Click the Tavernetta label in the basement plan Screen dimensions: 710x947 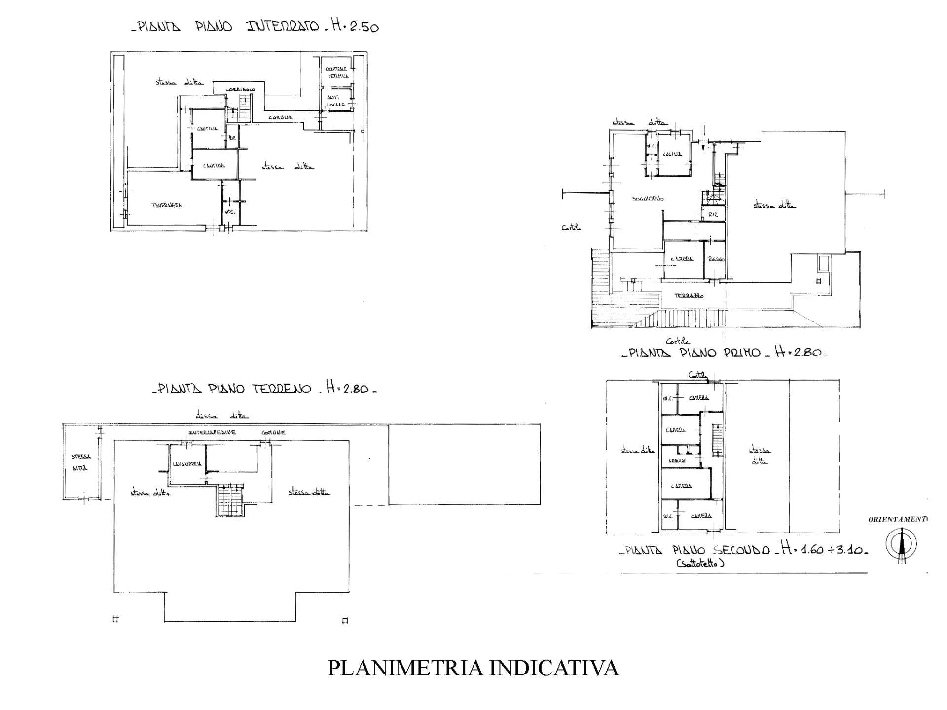(166, 205)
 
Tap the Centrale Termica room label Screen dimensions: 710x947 (336, 72)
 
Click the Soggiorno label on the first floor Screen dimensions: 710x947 (648, 199)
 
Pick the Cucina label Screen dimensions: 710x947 (672, 154)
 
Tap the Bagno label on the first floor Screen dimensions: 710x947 (716, 259)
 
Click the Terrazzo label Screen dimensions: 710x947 (689, 296)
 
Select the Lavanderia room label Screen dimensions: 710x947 (187, 464)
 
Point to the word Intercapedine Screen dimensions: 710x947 (212, 433)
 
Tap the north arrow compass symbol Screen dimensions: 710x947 (901, 544)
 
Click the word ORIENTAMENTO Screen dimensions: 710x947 (898, 519)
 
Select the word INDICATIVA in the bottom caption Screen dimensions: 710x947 (554, 668)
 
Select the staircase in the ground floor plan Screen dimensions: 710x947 (230, 499)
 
